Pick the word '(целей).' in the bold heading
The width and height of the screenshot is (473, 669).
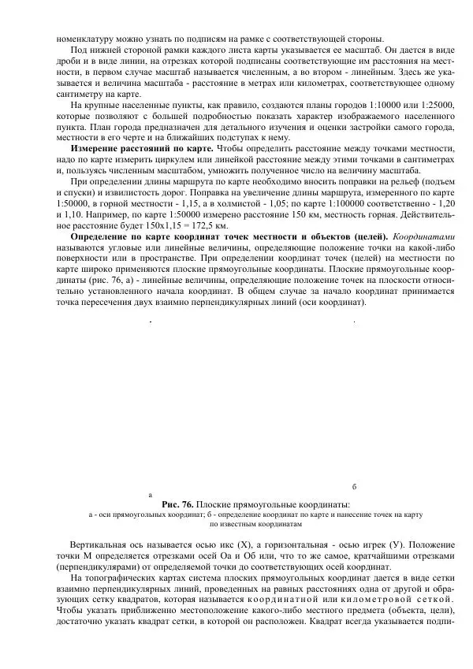point(368,236)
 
